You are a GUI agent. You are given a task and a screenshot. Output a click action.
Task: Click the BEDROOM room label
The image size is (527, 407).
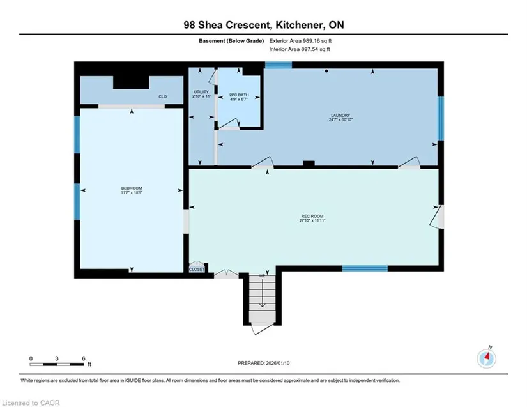coord(132,188)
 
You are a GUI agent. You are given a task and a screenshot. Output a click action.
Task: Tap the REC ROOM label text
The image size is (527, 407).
coord(312,216)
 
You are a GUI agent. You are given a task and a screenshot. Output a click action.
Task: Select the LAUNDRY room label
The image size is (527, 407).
coord(340,115)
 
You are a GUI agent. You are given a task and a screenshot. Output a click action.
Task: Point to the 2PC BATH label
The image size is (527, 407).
coord(239,95)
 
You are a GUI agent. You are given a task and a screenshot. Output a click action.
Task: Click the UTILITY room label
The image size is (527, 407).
coord(201,92)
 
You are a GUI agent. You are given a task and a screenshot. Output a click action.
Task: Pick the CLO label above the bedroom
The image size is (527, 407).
coord(163,96)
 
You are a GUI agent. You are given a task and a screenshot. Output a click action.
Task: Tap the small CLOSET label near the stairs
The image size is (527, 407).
coord(197,269)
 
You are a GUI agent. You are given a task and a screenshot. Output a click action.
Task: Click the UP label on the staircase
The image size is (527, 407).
coord(262,276)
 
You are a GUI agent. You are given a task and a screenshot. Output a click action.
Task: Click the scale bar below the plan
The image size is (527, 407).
coord(56,364)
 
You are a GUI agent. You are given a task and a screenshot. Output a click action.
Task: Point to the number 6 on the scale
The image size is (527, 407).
coord(83,358)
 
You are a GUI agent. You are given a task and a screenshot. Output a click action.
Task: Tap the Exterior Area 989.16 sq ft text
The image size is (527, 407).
coord(300,41)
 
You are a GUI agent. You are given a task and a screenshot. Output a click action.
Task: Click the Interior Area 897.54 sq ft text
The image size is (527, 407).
coord(300,49)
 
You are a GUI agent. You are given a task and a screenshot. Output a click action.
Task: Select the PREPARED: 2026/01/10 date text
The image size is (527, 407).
coord(263,363)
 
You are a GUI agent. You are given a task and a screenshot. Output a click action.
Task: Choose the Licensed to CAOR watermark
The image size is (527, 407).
coord(31,403)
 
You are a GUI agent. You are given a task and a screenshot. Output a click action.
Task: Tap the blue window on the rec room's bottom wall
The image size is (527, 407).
coord(365,268)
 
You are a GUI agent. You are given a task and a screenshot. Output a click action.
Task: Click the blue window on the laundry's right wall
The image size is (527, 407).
coord(440,118)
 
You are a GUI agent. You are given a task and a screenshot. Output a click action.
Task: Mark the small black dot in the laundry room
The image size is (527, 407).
coord(326,71)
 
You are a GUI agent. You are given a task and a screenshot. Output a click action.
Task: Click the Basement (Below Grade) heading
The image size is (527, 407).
coord(231,41)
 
